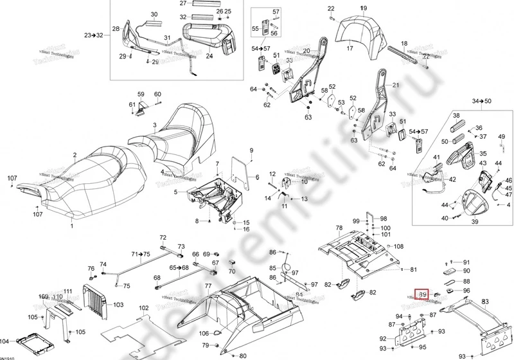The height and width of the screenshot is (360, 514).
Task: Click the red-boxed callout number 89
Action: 423,294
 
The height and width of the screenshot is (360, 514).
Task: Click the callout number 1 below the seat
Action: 72,226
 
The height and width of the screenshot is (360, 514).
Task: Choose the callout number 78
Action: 339,228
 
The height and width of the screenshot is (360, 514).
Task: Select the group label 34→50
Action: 481,102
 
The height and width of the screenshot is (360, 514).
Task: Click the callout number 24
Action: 209,56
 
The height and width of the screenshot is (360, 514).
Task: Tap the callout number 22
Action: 331,8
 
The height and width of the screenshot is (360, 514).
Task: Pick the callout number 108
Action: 398,246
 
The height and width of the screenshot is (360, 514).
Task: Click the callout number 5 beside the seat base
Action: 176,192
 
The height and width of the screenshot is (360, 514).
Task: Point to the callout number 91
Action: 466,262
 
